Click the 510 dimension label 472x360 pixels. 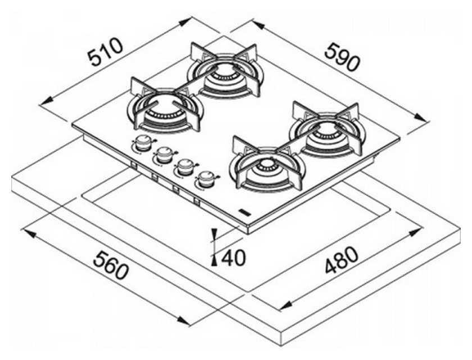(106, 52)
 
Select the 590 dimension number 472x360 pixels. (342, 57)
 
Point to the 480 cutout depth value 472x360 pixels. (342, 260)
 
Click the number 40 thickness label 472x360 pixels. (234, 258)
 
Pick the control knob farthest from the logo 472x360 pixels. (143, 142)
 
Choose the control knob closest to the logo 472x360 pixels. (206, 179)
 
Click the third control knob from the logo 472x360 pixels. (164, 155)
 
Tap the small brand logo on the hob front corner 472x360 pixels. (244, 212)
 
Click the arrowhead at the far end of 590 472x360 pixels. (421, 118)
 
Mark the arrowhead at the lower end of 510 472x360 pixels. (46, 101)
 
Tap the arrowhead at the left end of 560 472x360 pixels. (29, 232)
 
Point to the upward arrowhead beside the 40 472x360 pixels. (214, 260)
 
